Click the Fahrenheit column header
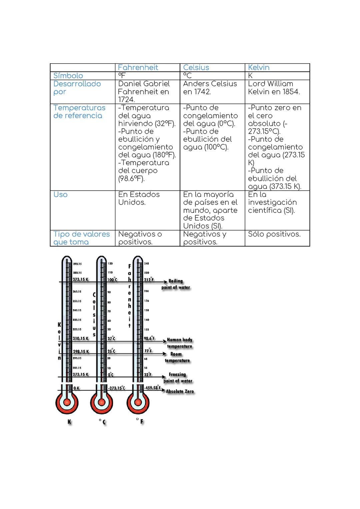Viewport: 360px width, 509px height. pyautogui.click(x=138, y=68)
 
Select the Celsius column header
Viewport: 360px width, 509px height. pyautogui.click(x=196, y=68)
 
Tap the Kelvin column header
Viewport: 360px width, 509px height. pyautogui.click(x=259, y=68)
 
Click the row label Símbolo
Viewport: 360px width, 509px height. pyautogui.click(x=68, y=76)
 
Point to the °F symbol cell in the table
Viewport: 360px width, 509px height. pyautogui.click(x=122, y=76)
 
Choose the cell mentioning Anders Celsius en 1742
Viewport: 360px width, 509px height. pyautogui.click(x=210, y=88)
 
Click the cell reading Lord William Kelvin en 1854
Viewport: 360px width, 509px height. pyautogui.click(x=274, y=88)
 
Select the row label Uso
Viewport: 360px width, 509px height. pyautogui.click(x=60, y=195)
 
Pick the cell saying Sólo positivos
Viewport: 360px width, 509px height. pyautogui.click(x=274, y=234)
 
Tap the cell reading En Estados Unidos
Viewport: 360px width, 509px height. pyautogui.click(x=139, y=199)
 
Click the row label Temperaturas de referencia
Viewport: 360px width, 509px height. pyautogui.click(x=79, y=112)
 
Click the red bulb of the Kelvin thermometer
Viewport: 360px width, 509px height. pyautogui.click(x=67, y=402)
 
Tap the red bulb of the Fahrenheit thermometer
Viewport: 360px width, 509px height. pyautogui.click(x=138, y=402)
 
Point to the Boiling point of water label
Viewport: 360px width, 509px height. pyautogui.click(x=176, y=284)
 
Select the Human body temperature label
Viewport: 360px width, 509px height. pyautogui.click(x=179, y=343)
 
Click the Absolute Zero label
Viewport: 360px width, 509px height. pyautogui.click(x=180, y=391)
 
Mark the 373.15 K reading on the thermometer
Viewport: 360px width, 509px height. pyautogui.click(x=81, y=279)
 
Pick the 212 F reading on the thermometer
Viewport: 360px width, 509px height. pyautogui.click(x=149, y=279)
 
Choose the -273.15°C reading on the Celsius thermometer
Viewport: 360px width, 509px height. pyautogui.click(x=117, y=388)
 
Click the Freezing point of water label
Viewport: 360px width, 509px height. pyautogui.click(x=178, y=378)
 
